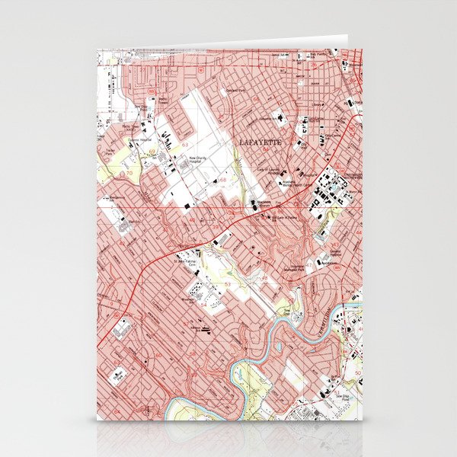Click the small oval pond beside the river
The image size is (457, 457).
tap(278, 347)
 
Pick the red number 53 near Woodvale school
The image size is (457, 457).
tap(227, 283)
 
